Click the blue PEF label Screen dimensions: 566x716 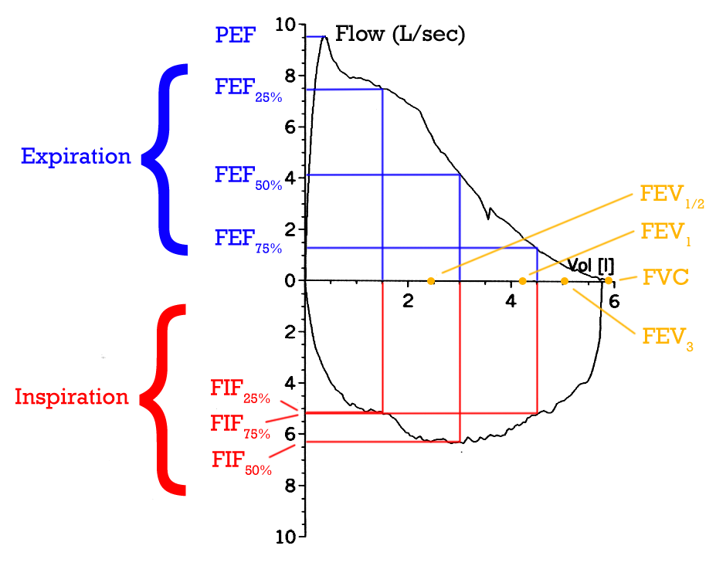pyautogui.click(x=234, y=35)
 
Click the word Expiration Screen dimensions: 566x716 pyautogui.click(x=76, y=157)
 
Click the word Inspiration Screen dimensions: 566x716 pyautogui.click(x=72, y=397)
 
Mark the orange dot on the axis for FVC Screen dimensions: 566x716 pyautogui.click(x=609, y=280)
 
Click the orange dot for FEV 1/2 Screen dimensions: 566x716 pyautogui.click(x=431, y=280)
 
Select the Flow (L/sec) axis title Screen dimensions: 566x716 pyautogui.click(x=399, y=35)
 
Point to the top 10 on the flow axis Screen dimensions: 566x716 pyautogui.click(x=285, y=25)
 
